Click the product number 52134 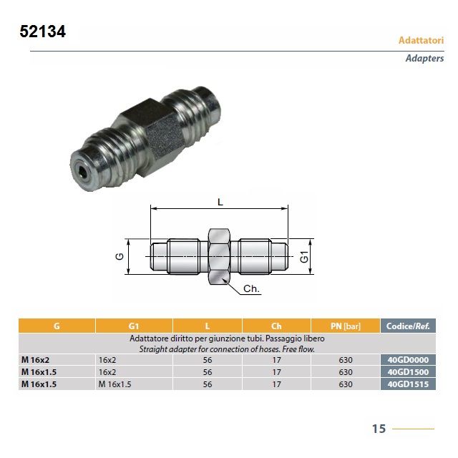(x=43, y=31)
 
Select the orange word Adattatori (x=422, y=40)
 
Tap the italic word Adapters (x=424, y=58)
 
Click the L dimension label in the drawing (x=220, y=202)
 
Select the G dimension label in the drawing (x=120, y=256)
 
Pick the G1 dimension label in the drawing (x=304, y=257)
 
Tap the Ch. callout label (x=251, y=288)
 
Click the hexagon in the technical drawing (x=220, y=256)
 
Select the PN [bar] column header (x=346, y=326)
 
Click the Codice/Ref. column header (x=408, y=326)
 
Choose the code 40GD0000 (x=408, y=360)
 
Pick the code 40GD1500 (x=408, y=372)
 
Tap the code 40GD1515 (x=408, y=384)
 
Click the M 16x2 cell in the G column (x=35, y=360)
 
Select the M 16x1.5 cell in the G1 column (x=114, y=384)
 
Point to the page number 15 (x=379, y=429)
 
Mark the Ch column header (x=276, y=326)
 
